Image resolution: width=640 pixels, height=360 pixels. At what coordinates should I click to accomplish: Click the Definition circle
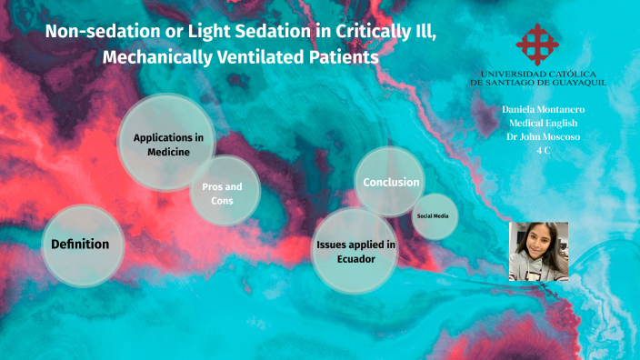pyautogui.click(x=80, y=244)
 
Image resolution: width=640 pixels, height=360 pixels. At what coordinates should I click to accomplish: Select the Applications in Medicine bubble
pyautogui.click(x=167, y=144)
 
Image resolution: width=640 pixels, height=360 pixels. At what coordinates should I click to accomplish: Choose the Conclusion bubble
pyautogui.click(x=391, y=182)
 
